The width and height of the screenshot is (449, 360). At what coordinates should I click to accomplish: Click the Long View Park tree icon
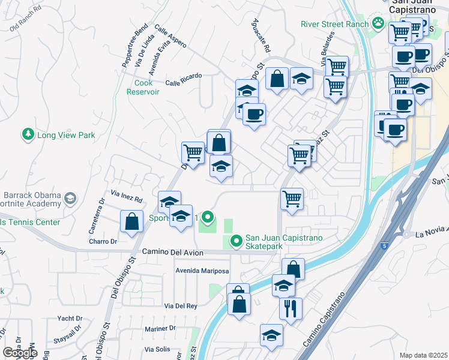(28, 135)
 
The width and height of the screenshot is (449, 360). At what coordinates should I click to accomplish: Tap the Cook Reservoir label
(143, 87)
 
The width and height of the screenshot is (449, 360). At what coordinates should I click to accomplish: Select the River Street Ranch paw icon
(378, 24)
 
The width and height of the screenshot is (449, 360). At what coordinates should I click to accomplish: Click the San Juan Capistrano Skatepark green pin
(237, 241)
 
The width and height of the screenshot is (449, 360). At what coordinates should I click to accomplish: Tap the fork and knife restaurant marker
(291, 309)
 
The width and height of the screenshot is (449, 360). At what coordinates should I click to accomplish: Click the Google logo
(20, 353)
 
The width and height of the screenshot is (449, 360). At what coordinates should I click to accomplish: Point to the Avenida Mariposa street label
(202, 271)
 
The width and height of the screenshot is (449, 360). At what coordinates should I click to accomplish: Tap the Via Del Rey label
(181, 306)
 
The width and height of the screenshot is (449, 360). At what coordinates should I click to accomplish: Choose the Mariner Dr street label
(160, 328)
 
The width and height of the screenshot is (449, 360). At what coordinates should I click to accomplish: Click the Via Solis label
(158, 349)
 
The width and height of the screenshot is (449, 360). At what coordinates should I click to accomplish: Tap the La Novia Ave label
(432, 231)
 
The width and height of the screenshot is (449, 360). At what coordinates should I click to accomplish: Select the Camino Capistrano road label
(325, 320)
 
